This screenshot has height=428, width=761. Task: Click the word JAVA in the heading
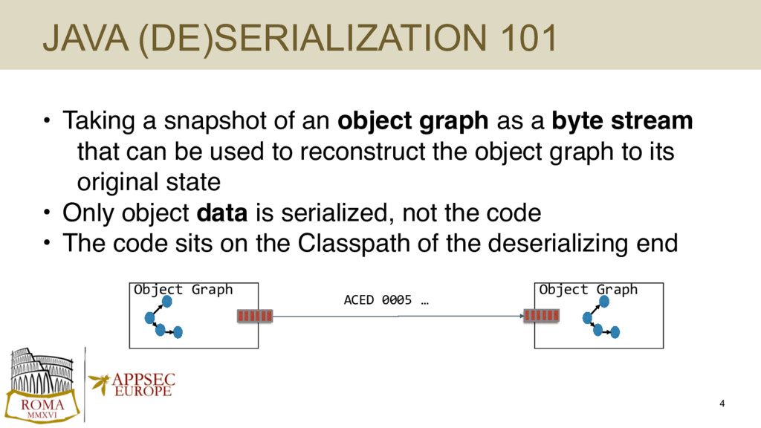pos(86,38)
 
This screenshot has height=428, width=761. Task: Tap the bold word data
pos(221,213)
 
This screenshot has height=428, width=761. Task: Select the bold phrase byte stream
pos(622,121)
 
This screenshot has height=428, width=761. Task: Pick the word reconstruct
pos(363,152)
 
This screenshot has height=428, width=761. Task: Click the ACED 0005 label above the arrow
pos(386,300)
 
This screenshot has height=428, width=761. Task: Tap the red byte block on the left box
pos(255,316)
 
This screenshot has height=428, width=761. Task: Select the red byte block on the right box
pos(541,315)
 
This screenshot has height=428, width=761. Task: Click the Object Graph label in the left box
pos(183,290)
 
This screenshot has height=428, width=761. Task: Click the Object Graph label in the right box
pos(589,290)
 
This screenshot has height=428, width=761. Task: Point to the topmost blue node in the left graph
pos(167,302)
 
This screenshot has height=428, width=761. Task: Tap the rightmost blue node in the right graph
pos(615,332)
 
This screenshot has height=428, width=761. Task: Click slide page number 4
pos(722,403)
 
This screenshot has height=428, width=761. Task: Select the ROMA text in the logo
pos(42,405)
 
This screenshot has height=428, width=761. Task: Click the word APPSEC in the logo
pos(143,380)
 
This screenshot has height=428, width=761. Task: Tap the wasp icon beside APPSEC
pos(100,383)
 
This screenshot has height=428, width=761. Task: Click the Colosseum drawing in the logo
pos(42,372)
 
